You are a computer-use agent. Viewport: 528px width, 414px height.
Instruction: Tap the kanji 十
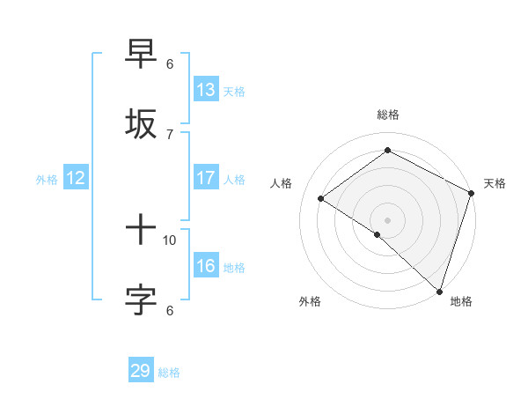point(142,231)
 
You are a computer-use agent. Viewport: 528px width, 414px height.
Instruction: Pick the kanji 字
point(142,299)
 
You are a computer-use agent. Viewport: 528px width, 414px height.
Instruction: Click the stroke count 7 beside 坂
point(170,134)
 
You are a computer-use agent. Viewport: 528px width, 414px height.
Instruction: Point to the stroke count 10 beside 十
point(170,240)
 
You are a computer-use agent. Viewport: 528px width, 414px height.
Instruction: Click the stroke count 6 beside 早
point(170,64)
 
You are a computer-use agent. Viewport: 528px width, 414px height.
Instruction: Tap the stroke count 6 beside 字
point(170,309)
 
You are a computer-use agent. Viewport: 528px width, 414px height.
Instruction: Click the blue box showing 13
point(206,90)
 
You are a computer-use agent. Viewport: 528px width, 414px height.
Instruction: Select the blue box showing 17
point(206,178)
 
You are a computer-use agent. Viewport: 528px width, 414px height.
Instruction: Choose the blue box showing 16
point(206,266)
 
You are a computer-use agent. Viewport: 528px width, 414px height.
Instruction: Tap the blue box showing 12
point(76,178)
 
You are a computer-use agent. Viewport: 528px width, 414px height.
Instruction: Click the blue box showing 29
point(141,371)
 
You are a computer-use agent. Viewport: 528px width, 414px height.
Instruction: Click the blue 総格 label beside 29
point(169,373)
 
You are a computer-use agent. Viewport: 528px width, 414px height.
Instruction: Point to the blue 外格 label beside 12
point(47,180)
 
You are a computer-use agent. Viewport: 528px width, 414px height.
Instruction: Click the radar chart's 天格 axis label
point(495,183)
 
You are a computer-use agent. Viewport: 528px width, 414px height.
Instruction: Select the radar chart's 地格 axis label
point(461,301)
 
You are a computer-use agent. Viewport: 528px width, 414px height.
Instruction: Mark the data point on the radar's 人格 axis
point(321,199)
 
